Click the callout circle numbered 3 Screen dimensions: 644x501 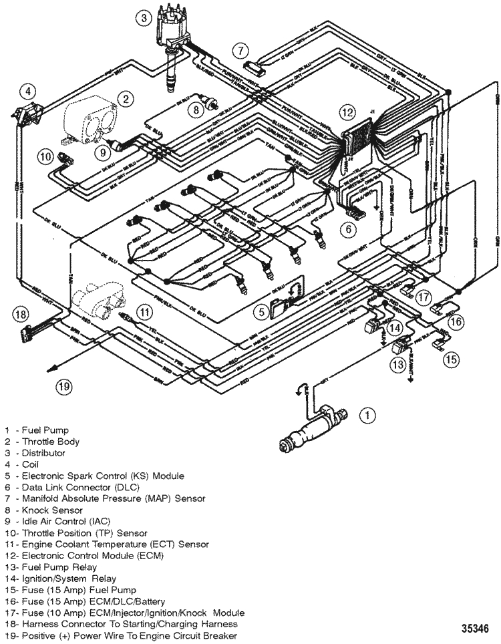coord(142,19)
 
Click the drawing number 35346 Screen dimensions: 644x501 coord(478,629)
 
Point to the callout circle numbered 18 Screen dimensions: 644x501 coord(21,313)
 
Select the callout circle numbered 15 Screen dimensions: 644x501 coord(452,359)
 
